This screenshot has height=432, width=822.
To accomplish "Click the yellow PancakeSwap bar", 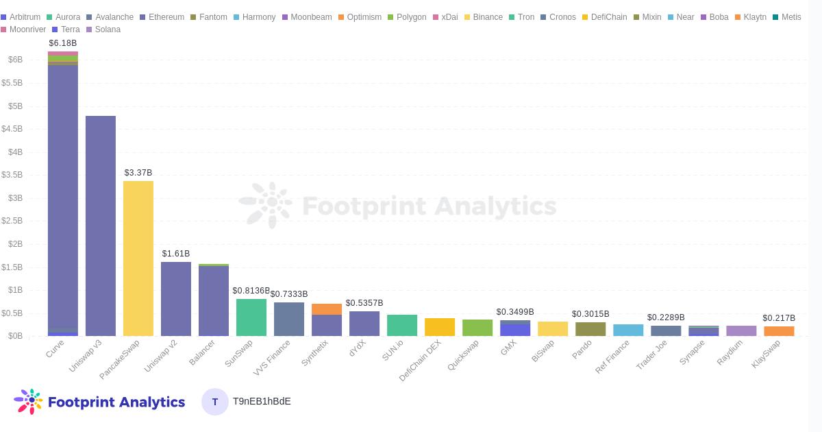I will click(138, 259).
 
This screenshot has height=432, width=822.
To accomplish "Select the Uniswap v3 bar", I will click(101, 226).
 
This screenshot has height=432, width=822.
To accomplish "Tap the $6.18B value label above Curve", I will click(63, 43).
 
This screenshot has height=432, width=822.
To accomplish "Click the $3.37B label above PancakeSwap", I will click(138, 173).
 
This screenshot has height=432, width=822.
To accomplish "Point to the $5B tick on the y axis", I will click(15, 106).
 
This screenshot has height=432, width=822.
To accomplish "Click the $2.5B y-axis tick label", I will click(12, 221).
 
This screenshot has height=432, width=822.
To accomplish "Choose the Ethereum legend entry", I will click(162, 17).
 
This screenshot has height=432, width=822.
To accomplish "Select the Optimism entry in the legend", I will click(360, 17).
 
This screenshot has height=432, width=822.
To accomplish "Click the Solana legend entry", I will click(103, 29).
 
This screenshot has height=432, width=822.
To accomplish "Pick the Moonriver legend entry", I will click(23, 29).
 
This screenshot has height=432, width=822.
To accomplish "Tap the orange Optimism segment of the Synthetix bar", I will click(327, 309).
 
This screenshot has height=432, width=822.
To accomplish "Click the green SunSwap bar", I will click(251, 317).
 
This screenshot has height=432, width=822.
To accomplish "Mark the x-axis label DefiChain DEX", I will click(421, 360).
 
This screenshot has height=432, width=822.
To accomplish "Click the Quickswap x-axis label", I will click(464, 355).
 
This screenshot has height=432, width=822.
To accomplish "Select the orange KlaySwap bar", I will click(779, 331).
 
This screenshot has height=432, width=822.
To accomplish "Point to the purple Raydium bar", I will click(741, 331).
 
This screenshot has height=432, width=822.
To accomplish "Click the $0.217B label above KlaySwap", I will click(779, 318).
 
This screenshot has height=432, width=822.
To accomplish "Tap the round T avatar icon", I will click(215, 402).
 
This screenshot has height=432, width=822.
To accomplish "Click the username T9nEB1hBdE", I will click(262, 402).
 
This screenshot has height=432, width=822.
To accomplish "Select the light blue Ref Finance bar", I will click(628, 331).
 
